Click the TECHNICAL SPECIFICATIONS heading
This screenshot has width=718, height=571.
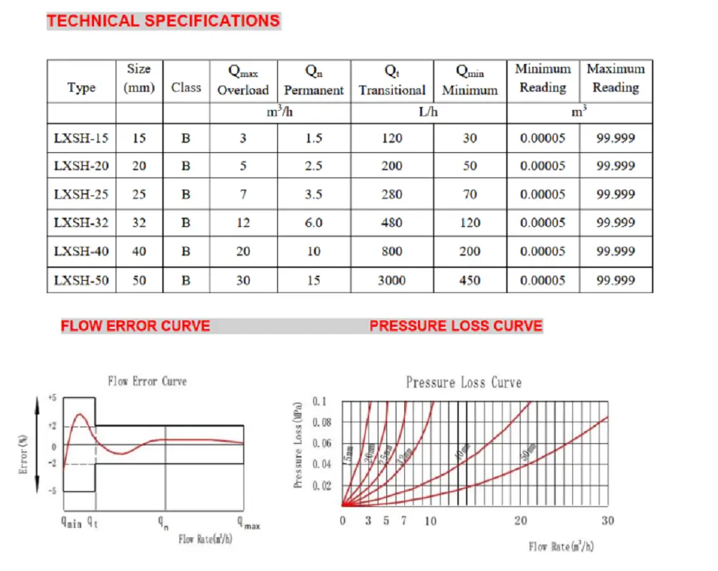point(163,20)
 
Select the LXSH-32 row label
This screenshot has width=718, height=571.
point(81,223)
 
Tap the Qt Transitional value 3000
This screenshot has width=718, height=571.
point(391,280)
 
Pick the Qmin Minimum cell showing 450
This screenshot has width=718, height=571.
point(470,280)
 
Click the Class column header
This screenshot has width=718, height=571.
point(186,87)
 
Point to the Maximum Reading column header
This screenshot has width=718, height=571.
point(615,78)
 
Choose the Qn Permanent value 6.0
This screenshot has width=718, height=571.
point(314,223)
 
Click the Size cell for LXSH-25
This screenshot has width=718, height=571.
point(139,194)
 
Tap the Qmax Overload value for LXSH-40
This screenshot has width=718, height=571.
point(243,251)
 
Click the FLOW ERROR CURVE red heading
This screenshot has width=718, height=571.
point(135,326)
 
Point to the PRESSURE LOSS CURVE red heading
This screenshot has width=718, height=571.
point(456,326)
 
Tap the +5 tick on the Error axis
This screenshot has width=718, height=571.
point(52,397)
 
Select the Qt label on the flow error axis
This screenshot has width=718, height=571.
point(93,522)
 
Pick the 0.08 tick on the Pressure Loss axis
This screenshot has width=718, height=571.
point(324,422)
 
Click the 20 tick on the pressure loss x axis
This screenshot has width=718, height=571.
point(521,521)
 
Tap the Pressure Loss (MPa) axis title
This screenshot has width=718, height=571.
point(297,445)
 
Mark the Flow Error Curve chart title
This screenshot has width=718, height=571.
point(147,381)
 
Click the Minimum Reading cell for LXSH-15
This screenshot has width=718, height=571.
point(542,138)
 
